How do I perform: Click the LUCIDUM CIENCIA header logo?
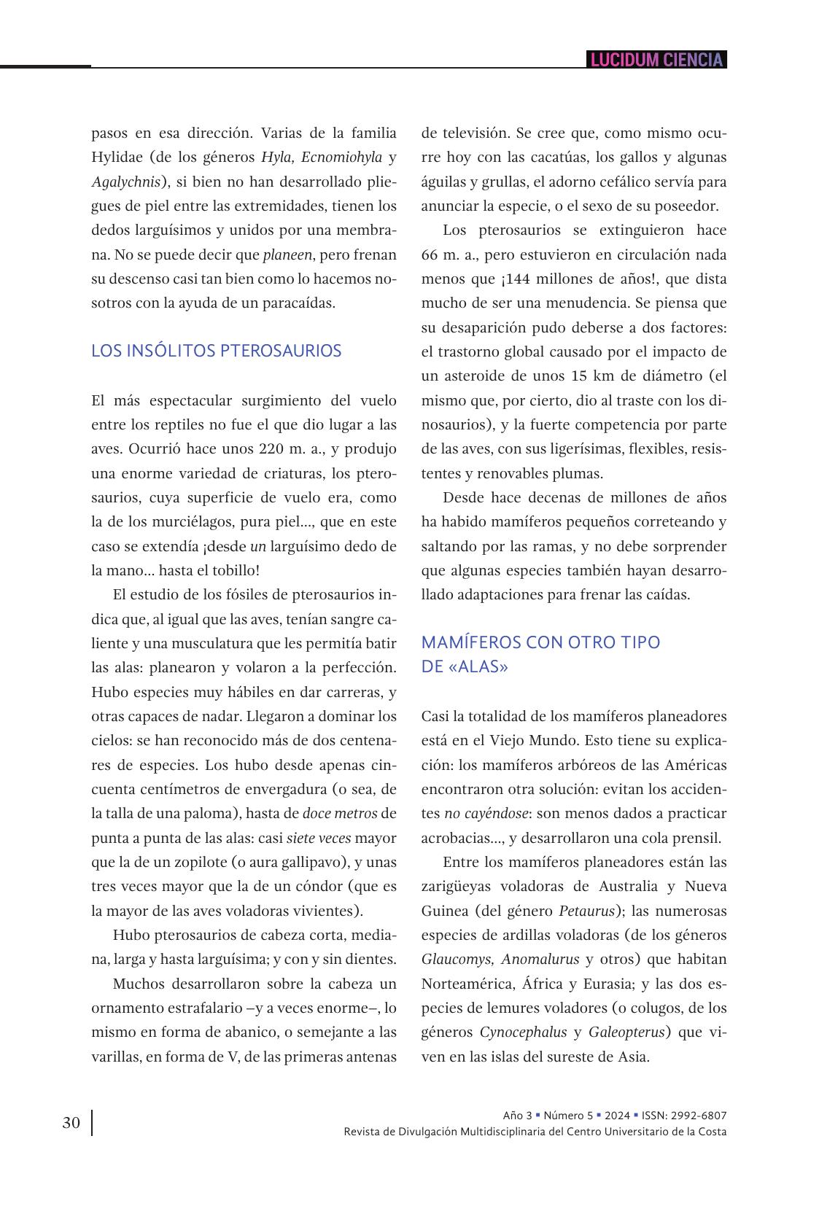click(x=656, y=60)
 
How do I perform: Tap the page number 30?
click(x=71, y=1122)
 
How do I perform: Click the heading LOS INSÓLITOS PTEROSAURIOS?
click(x=216, y=351)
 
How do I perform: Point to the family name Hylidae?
click(x=118, y=157)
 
